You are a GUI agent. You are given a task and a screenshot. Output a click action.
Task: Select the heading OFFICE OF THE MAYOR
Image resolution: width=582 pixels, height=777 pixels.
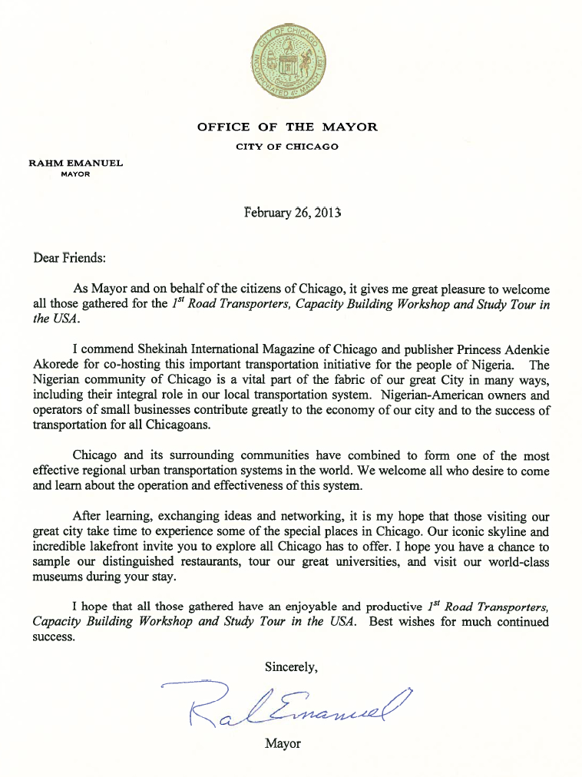pos(287,127)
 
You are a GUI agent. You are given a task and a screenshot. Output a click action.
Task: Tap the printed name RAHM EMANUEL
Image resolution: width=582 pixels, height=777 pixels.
pos(75,163)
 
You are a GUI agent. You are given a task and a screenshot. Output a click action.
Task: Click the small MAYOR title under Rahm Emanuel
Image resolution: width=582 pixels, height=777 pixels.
pos(75,174)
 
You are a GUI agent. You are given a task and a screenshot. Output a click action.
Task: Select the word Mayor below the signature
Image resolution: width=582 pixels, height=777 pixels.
pos(282,743)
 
